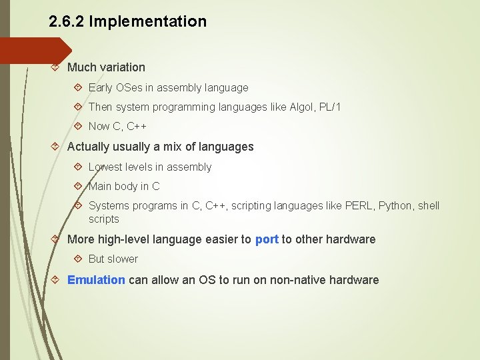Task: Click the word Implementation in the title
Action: coord(148,21)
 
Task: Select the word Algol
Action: coord(305,107)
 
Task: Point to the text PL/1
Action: coord(330,107)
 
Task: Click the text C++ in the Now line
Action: coord(137,127)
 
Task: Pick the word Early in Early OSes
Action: coord(101,87)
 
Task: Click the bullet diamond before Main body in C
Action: coord(78,187)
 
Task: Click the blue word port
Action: coord(267,239)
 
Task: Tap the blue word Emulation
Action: coord(96,280)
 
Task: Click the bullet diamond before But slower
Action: coord(78,259)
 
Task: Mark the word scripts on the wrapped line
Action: coord(104,219)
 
